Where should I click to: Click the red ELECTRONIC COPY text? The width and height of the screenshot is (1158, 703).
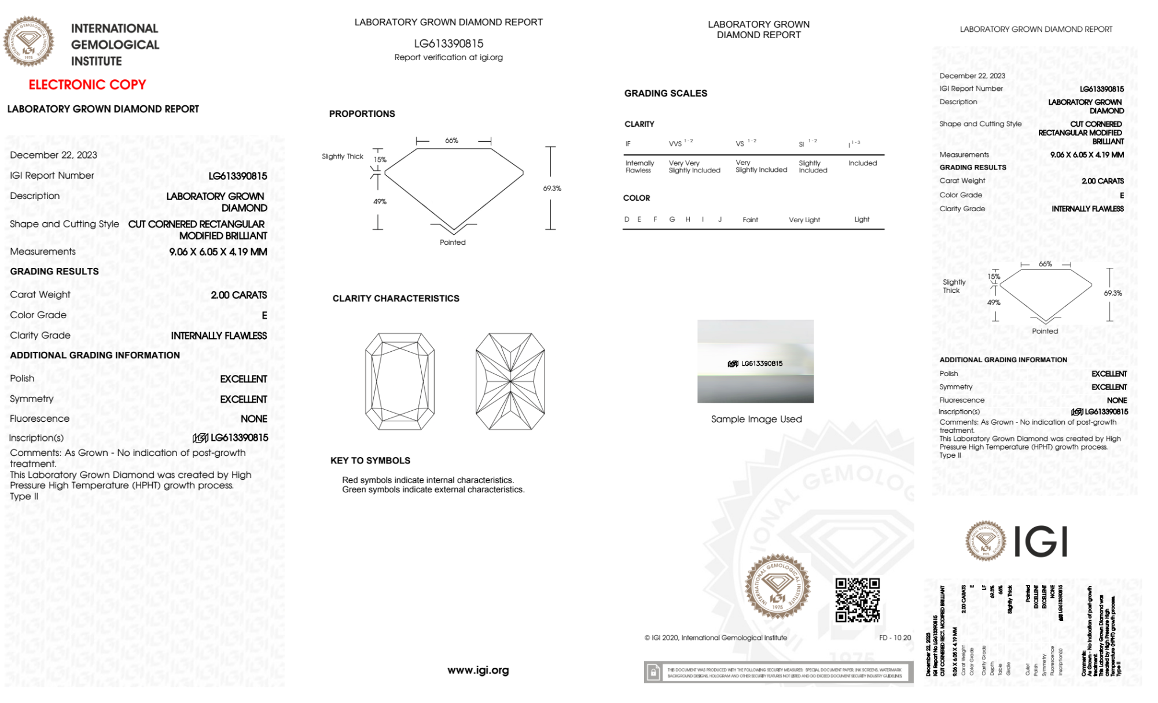coord(87,85)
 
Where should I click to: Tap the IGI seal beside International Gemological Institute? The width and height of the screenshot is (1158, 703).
coord(28,42)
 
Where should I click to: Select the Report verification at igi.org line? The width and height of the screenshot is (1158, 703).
coord(449,57)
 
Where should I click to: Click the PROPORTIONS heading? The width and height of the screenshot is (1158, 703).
coord(362,114)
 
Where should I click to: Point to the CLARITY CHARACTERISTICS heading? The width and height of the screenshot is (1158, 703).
coord(396,299)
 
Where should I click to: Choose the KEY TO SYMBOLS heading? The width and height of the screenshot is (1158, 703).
coord(370,461)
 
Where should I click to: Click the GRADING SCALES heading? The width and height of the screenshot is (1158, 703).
coord(666,93)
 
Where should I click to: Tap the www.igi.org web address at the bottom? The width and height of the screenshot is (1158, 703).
coord(478,670)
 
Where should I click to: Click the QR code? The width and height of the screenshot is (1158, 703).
coord(858,600)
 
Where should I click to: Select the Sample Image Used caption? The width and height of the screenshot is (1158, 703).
coord(756,419)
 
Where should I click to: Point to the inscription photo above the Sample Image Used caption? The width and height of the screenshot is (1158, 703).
coord(755,361)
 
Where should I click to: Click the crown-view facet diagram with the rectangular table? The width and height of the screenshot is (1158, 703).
coord(400,381)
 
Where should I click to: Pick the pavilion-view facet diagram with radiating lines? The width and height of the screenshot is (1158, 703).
coord(510,381)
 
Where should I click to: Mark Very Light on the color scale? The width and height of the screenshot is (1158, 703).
coord(804,220)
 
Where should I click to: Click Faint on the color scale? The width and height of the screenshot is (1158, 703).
coord(750,220)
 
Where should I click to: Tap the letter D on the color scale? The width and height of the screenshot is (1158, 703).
coord(627,219)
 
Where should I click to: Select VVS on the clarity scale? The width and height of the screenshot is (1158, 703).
coord(675,144)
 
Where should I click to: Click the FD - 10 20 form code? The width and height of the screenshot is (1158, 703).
coord(895,638)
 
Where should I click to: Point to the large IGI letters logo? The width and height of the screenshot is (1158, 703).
coord(1041,542)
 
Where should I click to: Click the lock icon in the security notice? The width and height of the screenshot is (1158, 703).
coord(653,672)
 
